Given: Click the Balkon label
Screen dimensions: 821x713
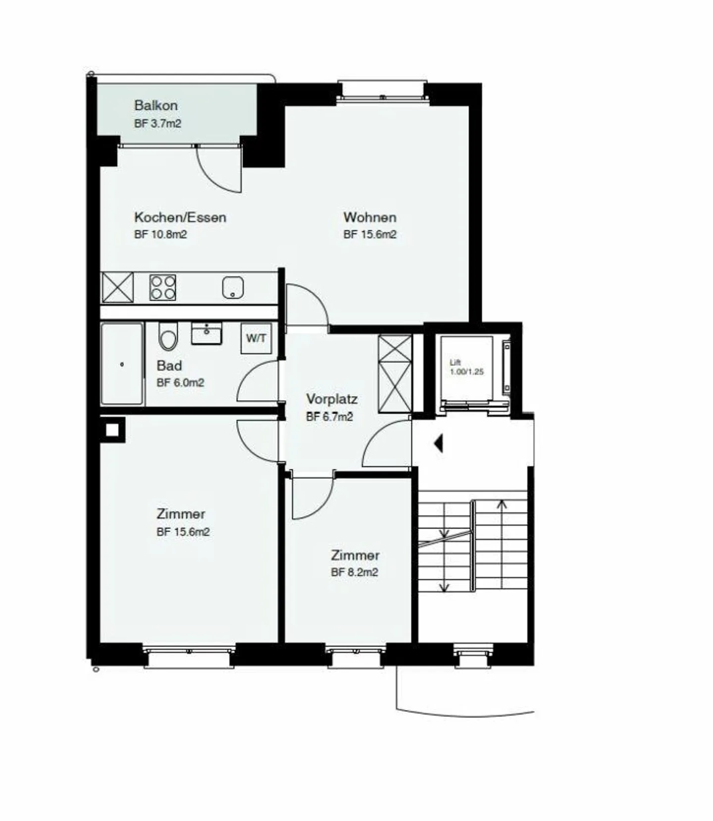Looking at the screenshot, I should (x=155, y=105).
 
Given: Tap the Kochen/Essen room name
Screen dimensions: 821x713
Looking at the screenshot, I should (x=180, y=217).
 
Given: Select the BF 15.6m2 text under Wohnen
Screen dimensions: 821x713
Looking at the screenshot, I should (x=370, y=234).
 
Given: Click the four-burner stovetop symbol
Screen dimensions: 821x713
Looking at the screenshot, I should (x=163, y=287).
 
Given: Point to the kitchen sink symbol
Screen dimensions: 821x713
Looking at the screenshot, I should (x=233, y=287).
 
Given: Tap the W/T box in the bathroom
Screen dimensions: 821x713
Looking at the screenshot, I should (x=256, y=338).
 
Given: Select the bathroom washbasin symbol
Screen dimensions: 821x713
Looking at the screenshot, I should (x=206, y=333).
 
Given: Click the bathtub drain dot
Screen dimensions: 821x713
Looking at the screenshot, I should (x=122, y=365).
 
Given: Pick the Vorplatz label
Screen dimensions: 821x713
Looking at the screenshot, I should (x=331, y=399).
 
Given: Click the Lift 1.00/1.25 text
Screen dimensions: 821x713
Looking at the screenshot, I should (x=466, y=367).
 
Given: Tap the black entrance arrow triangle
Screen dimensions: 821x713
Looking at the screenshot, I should (x=438, y=443).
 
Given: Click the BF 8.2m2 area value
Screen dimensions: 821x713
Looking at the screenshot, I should (x=355, y=572).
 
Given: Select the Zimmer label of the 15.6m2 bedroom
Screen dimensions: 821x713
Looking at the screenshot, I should (x=181, y=514).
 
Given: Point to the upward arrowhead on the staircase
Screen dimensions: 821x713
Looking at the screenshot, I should (x=502, y=504).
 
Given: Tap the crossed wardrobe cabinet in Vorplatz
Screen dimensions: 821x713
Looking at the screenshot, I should (x=395, y=373).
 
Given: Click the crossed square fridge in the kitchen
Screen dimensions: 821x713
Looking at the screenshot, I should (x=117, y=287).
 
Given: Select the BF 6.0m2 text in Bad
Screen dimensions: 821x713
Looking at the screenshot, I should (x=180, y=383).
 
